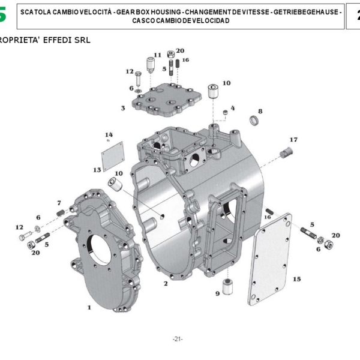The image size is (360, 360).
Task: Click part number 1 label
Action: coord(89,307)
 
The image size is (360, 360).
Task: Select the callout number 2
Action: coord(166,284)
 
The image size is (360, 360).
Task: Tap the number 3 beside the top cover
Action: coord(123,108)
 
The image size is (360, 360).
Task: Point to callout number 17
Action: coord(293,140)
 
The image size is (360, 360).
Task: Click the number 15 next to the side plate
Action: coord(297,279)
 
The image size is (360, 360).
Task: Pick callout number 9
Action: coord(217,293)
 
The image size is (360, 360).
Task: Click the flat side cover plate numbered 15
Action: coord(270,260)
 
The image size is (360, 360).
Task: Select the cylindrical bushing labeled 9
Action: coord(228,286)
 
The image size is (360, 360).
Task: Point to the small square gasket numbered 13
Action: coord(113,157)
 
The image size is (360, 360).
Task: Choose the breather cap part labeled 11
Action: coord(150,65)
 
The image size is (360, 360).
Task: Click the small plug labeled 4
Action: coord(225,112)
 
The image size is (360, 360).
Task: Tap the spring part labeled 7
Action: coord(61,213)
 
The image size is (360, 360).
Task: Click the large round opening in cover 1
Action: coord(100,250)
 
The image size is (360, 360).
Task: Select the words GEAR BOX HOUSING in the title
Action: coord(149,12)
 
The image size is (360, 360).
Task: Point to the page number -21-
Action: coord(178,339)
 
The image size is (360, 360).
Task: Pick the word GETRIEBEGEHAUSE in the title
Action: coord(306,12)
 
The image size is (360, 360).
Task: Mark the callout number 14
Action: coord(109,134)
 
